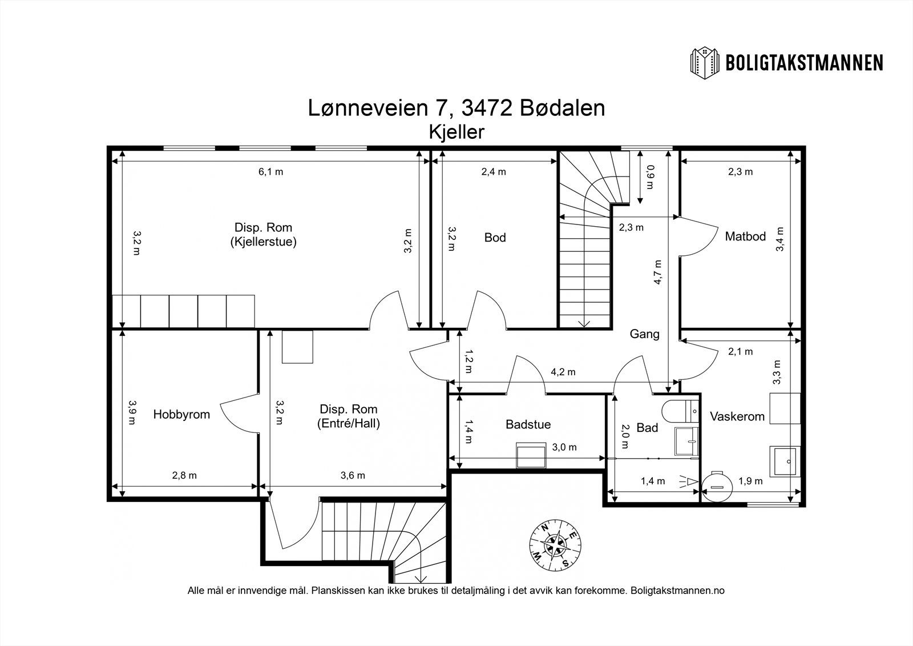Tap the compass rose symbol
[555, 545]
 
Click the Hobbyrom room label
[181, 415]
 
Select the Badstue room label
[528, 424]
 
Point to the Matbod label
[745, 236]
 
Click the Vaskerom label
[737, 416]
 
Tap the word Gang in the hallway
[644, 334]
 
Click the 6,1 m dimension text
[270, 172]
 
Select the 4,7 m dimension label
[657, 272]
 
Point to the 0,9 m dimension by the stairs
[650, 177]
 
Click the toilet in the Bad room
[680, 411]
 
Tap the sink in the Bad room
[686, 441]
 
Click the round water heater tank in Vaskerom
[717, 487]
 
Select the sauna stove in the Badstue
[531, 455]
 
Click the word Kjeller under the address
[457, 132]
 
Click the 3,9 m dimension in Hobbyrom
[132, 412]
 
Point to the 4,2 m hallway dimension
[563, 372]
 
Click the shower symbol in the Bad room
[687, 482]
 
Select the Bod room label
[495, 238]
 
